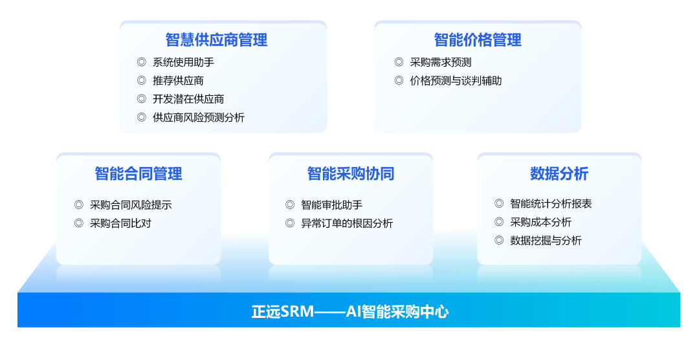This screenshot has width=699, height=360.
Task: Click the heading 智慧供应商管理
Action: [217, 39]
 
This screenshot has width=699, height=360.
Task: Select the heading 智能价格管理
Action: [478, 39]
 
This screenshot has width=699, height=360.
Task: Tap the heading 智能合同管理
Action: [139, 174]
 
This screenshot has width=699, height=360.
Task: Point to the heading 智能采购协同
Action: [351, 174]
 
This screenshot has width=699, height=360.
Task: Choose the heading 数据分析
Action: [559, 174]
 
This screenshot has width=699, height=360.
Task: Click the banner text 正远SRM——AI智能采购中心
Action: [350, 311]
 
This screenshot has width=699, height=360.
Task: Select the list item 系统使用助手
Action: [183, 62]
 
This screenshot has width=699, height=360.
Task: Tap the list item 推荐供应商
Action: [179, 81]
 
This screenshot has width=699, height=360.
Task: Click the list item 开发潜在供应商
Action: [188, 99]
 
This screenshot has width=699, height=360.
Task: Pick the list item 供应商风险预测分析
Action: [199, 117]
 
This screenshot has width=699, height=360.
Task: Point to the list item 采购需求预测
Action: [441, 62]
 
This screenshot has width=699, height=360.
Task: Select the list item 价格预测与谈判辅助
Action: [456, 81]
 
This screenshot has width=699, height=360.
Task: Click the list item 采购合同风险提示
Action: [131, 205]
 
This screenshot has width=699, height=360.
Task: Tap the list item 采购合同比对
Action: [120, 223]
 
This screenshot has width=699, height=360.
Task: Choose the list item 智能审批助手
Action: [331, 205]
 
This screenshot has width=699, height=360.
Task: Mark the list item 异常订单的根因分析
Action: [347, 223]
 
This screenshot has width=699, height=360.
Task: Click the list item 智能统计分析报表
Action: [551, 203]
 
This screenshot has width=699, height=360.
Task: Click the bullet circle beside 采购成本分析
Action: [499, 221]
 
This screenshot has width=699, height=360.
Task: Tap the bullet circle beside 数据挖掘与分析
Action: [499, 240]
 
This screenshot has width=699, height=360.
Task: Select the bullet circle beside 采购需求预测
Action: [399, 62]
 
